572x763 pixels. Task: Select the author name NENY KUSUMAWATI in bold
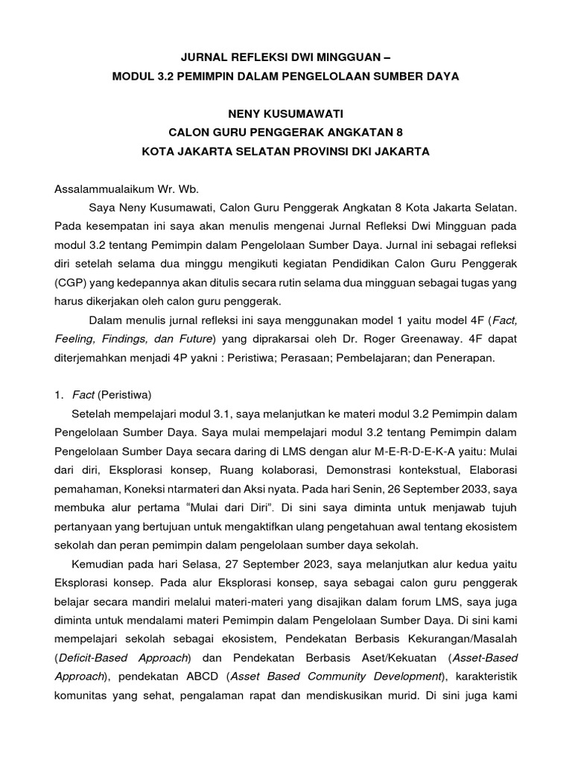pos(285,114)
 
